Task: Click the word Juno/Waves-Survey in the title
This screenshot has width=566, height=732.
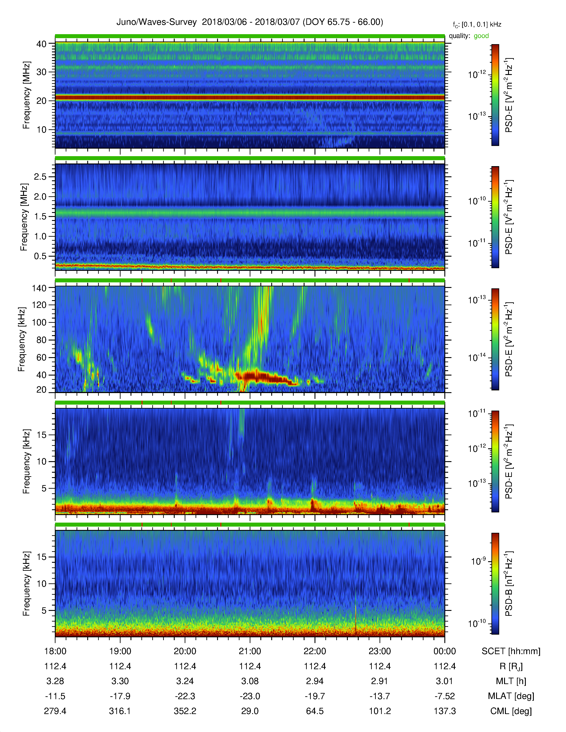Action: (156, 22)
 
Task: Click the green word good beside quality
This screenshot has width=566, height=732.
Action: (481, 36)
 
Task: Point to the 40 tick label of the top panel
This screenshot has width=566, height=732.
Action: (41, 44)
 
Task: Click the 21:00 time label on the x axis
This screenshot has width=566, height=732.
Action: (250, 651)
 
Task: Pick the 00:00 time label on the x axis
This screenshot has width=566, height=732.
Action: (445, 651)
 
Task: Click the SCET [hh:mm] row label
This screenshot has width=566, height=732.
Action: (511, 651)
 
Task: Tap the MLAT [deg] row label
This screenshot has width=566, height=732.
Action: (511, 696)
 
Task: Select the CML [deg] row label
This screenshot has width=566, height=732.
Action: (511, 711)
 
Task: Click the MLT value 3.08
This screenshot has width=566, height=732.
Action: (250, 681)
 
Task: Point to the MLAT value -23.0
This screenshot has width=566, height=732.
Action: (250, 696)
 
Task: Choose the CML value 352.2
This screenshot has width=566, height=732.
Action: (185, 711)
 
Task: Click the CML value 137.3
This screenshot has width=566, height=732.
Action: (445, 711)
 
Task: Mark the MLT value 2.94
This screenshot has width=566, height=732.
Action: (315, 681)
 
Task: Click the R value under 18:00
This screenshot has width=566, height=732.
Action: (55, 666)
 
